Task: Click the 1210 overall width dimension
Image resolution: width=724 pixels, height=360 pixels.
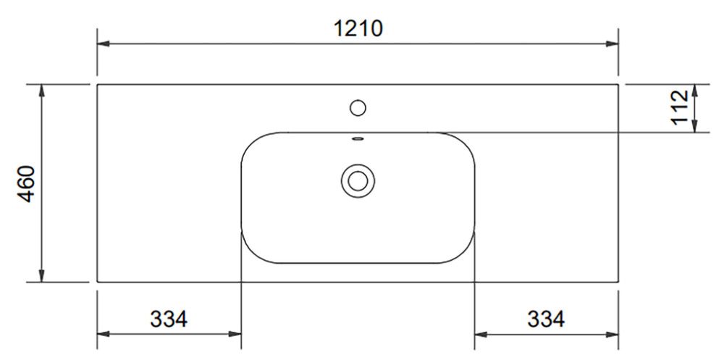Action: click(358, 29)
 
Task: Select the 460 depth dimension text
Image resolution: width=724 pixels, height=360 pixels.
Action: click(26, 183)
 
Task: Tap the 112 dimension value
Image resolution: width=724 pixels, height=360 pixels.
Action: click(680, 108)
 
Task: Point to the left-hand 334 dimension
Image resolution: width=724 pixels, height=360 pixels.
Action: click(169, 319)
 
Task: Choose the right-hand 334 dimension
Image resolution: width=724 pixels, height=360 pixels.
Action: click(546, 319)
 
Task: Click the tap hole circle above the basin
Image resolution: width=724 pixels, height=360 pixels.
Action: click(358, 108)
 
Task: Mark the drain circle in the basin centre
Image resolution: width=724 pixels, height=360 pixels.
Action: click(358, 180)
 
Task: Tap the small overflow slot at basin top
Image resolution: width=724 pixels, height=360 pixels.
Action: click(358, 138)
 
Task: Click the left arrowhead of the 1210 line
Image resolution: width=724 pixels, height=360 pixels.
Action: click(104, 44)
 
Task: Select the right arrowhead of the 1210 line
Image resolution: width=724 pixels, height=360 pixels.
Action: click(613, 44)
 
